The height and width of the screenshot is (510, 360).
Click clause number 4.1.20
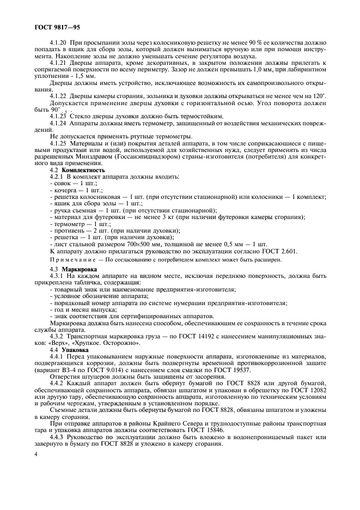[x=58, y=42]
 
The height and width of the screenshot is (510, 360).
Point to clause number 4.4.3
[x=58, y=438]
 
